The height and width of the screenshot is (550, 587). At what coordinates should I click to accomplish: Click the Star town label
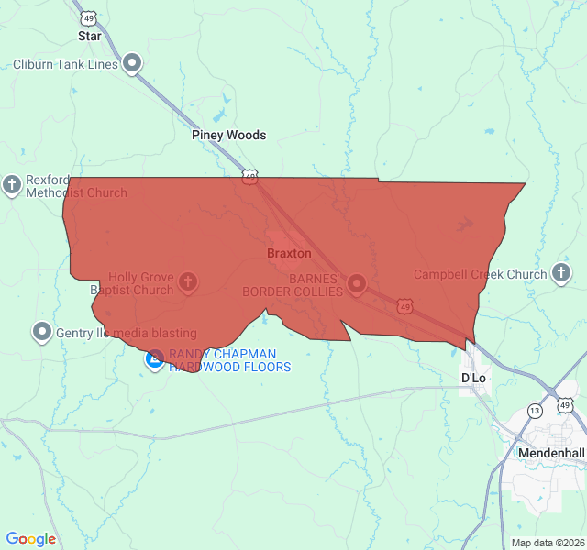[89, 37]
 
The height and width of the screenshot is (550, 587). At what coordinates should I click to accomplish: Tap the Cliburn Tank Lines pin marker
[133, 63]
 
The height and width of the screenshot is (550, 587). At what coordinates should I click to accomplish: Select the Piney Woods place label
[228, 135]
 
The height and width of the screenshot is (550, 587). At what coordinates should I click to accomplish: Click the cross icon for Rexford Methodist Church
[12, 186]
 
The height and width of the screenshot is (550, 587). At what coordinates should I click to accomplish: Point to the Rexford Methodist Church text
[76, 186]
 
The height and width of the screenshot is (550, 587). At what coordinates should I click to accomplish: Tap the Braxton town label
[289, 253]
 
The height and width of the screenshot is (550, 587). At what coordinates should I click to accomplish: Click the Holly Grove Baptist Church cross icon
[187, 281]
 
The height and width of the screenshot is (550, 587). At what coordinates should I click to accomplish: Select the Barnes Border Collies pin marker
[356, 283]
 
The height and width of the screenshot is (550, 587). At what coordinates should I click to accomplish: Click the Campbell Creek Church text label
[480, 274]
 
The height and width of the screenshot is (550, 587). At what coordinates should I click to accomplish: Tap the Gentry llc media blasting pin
[41, 332]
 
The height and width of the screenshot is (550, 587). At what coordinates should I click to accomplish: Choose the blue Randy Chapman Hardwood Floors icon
[155, 359]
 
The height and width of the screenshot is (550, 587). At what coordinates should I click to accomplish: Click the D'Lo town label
[473, 378]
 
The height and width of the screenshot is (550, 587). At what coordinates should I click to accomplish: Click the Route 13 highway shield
[535, 411]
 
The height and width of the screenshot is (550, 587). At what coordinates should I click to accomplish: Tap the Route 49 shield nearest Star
[88, 17]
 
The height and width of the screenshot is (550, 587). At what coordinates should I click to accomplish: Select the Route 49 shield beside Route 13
[565, 404]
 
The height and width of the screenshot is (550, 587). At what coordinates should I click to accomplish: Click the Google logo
[31, 539]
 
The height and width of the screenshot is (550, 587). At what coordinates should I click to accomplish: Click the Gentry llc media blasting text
[127, 332]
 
